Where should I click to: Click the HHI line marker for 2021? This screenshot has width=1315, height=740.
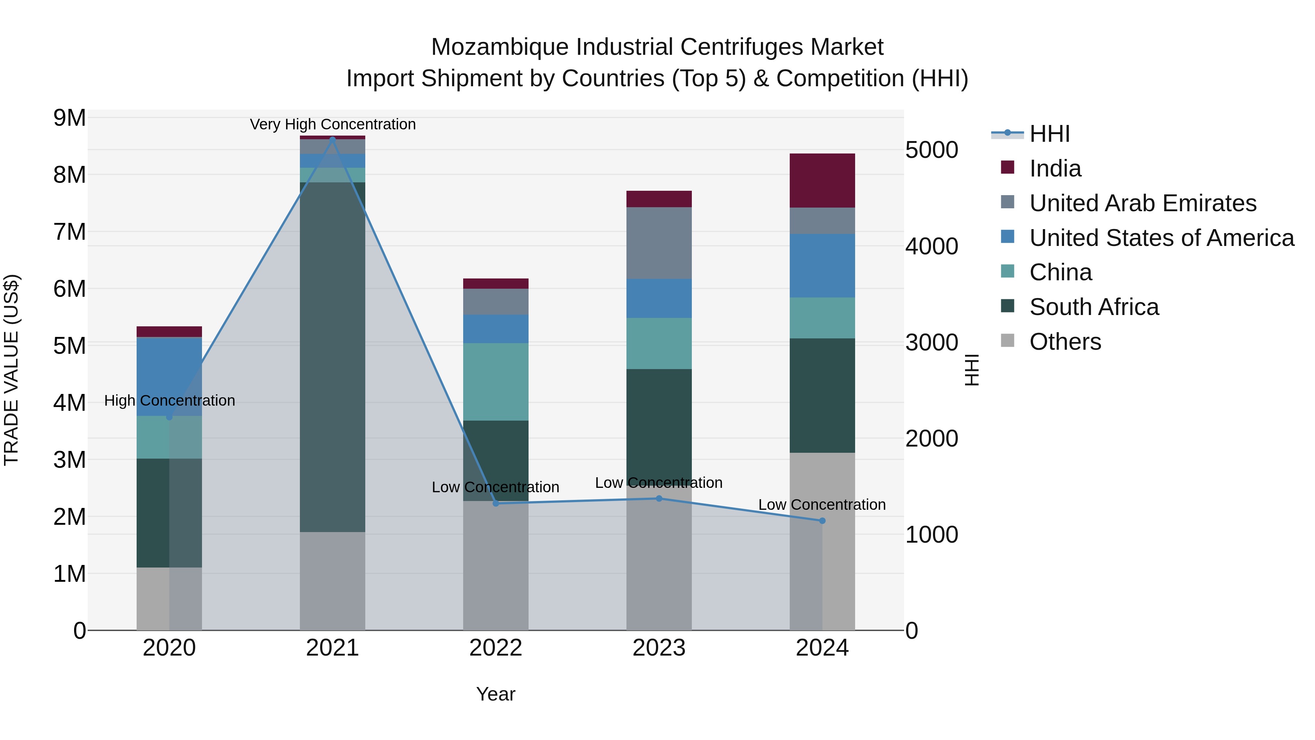pos(332,139)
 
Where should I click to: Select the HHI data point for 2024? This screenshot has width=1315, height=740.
pos(822,521)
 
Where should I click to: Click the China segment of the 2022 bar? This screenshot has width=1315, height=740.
pos(495,382)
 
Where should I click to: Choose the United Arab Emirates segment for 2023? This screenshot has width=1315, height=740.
pos(659,243)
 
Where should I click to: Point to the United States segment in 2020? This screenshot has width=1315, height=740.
pos(169,376)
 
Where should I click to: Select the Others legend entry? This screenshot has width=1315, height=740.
pos(1065,342)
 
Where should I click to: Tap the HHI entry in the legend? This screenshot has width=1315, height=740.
pos(1049,134)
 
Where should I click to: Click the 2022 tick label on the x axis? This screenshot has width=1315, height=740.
pos(495,648)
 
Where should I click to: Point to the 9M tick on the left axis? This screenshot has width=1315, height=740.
pos(69,118)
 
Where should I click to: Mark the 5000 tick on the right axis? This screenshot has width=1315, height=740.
pos(931,150)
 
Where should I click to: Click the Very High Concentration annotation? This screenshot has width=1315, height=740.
pos(332,124)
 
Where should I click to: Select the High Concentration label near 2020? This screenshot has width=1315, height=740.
pos(169,401)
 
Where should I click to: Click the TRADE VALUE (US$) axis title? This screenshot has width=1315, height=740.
pos(11,370)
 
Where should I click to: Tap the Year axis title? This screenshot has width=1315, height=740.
pos(495,694)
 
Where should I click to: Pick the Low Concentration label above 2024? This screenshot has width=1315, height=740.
pos(822,505)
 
